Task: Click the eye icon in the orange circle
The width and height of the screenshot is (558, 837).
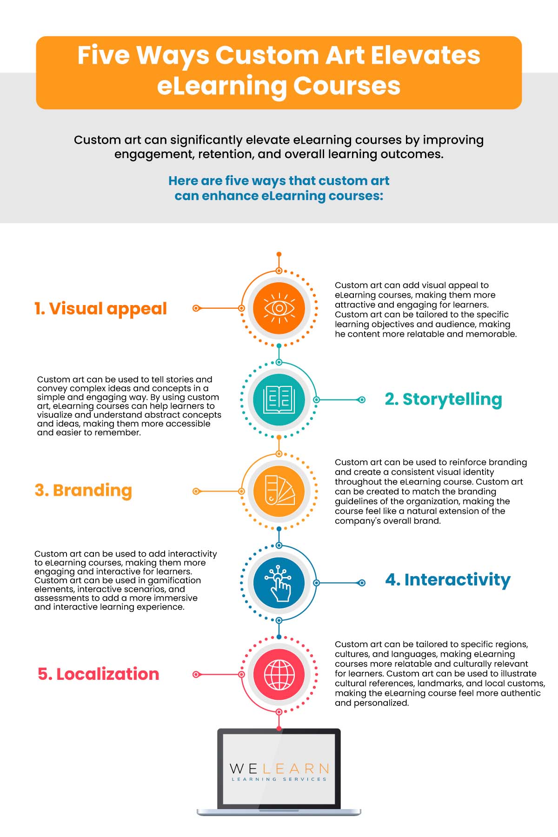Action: [279, 308]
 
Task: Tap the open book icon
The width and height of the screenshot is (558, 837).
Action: [279, 399]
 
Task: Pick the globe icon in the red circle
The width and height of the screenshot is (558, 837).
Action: [279, 674]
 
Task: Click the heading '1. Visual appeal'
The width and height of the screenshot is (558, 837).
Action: [100, 309]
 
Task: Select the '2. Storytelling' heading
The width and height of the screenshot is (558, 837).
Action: [443, 400]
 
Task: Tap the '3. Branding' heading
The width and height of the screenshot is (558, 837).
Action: [83, 491]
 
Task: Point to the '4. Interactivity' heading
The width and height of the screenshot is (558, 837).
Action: [448, 580]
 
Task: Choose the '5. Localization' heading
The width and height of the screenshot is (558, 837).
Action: [98, 674]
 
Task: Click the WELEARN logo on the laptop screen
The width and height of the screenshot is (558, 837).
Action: [279, 769]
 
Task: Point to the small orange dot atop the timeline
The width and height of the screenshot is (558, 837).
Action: [279, 254]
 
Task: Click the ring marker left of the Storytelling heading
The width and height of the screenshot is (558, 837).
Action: [361, 400]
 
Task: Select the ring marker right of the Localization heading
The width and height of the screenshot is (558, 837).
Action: [196, 674]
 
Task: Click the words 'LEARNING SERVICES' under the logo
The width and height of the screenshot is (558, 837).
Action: [279, 779]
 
